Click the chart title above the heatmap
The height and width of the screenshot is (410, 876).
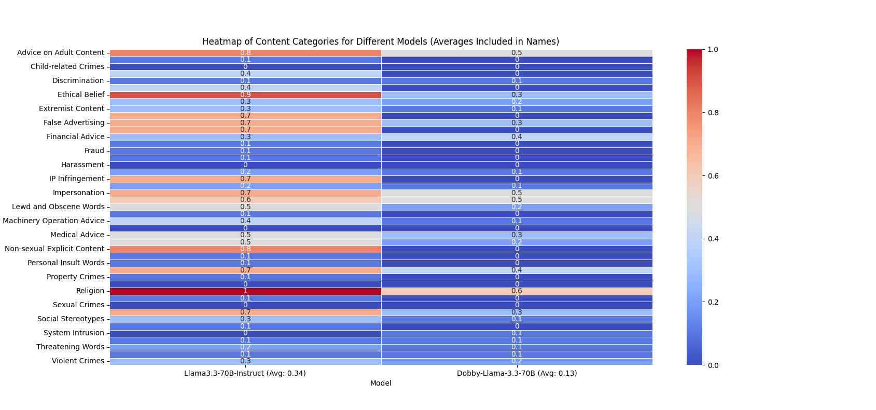381,42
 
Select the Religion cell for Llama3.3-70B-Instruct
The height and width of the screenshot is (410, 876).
245,291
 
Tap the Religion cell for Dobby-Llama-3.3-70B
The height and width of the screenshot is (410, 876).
517,291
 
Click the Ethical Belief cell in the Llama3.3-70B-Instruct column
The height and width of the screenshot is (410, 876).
245,95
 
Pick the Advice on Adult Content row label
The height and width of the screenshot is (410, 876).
61,52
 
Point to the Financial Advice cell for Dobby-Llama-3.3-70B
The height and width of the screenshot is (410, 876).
517,137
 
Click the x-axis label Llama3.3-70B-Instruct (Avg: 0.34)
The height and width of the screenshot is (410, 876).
245,373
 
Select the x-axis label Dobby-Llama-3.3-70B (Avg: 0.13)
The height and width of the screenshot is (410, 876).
517,373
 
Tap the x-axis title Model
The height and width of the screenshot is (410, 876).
381,383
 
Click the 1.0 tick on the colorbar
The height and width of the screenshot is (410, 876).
713,49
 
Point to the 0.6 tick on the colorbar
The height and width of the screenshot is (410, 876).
713,176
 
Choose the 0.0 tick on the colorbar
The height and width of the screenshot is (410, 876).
713,365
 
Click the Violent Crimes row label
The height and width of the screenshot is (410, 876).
78,361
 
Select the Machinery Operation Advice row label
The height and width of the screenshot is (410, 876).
53,221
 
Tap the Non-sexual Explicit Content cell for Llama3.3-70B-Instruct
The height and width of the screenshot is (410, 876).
245,249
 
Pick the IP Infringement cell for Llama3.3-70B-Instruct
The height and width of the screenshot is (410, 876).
245,179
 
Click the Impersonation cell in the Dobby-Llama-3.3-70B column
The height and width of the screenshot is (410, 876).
517,193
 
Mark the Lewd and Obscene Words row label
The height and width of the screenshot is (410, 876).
58,207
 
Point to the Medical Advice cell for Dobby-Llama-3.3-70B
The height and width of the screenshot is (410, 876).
517,235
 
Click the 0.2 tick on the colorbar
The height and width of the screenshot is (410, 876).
713,302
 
